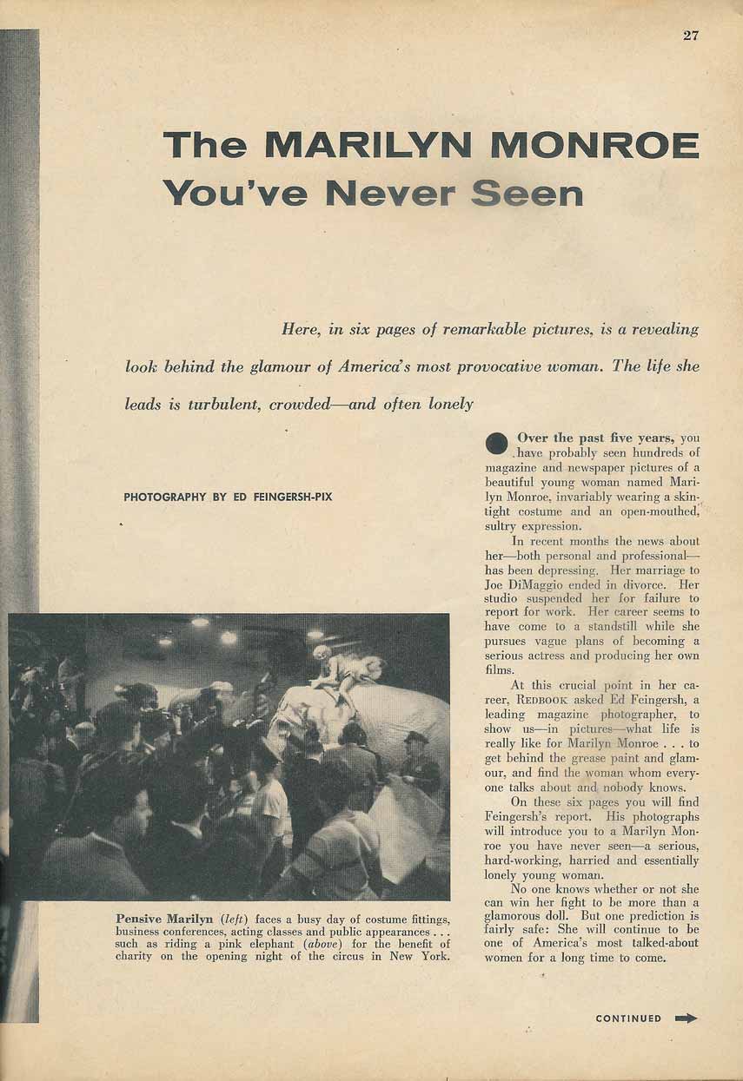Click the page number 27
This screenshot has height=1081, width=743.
click(x=691, y=36)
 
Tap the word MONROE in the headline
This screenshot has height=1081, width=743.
click(x=594, y=145)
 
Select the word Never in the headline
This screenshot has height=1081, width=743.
click(x=389, y=192)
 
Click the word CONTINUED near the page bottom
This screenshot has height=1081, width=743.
click(x=628, y=1018)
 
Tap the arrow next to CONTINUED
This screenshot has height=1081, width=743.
click(x=687, y=1018)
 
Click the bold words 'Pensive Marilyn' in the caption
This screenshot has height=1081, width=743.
click(x=164, y=919)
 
